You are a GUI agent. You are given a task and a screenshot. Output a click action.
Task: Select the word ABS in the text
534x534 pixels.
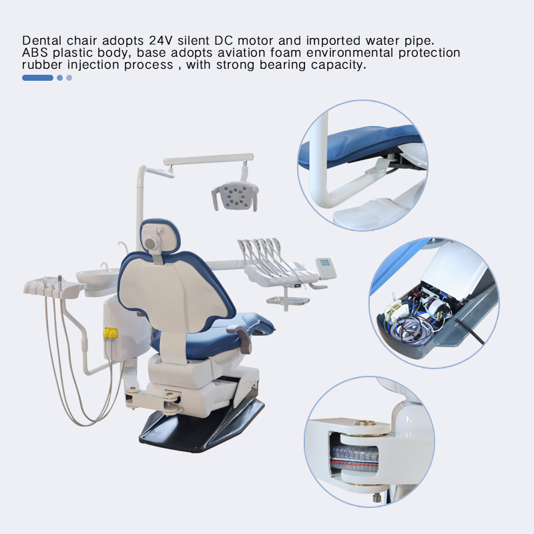point(34,52)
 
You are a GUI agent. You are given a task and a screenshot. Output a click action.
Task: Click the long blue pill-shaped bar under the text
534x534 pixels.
point(37,77)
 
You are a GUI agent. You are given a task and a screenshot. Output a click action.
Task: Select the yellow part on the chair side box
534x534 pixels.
point(110,332)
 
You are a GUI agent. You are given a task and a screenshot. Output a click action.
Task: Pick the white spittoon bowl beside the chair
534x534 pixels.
point(97,275)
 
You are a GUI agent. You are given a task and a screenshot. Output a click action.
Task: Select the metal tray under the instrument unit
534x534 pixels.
point(288,300)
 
